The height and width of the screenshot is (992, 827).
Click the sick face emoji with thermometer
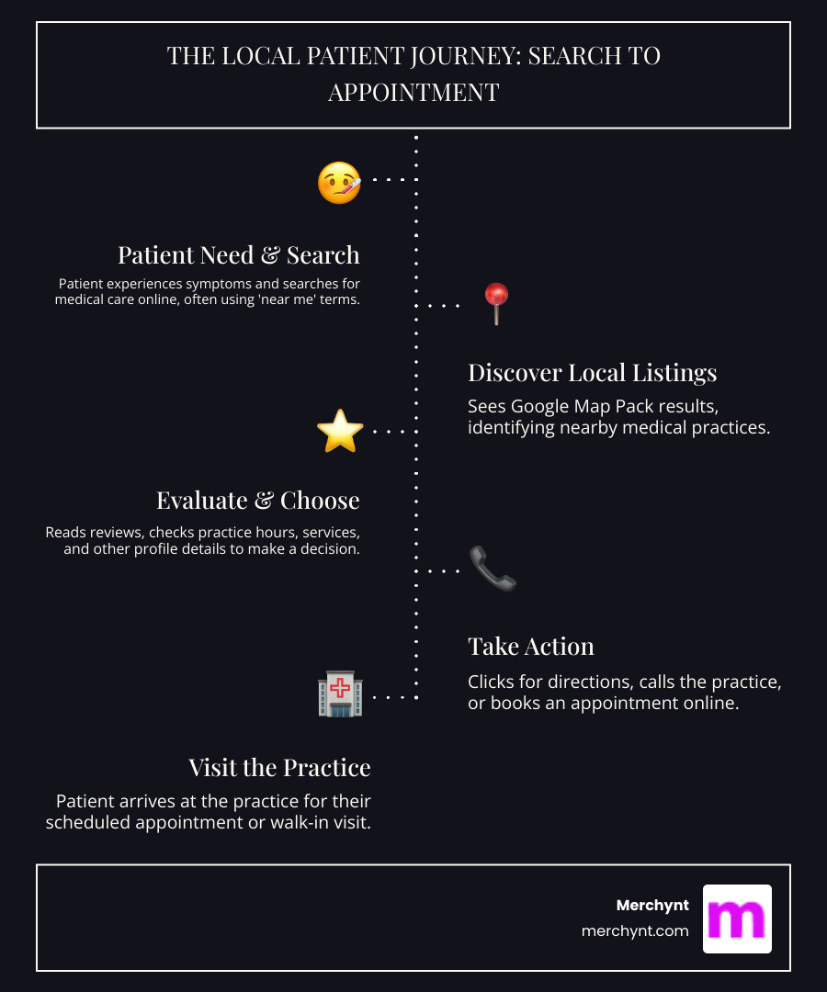pos(339,182)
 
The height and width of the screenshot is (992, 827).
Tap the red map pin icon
pos(496,302)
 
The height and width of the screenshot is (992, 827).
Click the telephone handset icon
pos(493,569)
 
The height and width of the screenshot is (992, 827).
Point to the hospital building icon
pos(340,695)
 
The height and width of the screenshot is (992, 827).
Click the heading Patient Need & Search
pos(238,254)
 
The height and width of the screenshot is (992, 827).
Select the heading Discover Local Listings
pos(592,373)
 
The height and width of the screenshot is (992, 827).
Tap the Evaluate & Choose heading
pos(257,501)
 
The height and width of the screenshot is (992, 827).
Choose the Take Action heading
pos(530,647)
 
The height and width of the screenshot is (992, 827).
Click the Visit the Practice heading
pos(279,768)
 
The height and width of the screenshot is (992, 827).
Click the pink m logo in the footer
pos(737,919)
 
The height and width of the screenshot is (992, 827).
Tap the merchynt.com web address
pos(635,930)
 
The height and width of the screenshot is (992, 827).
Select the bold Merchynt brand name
pos(652,906)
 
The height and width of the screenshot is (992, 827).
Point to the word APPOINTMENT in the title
pos(413,93)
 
